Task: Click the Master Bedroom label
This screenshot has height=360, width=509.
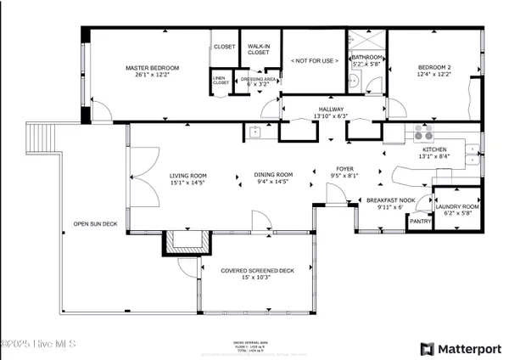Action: [x=154, y=68]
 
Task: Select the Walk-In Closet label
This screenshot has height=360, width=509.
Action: [x=259, y=49]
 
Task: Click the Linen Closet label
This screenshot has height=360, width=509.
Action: [x=221, y=81]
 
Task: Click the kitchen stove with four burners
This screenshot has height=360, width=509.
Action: [x=422, y=133]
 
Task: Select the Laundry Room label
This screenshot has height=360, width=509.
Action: [x=457, y=206]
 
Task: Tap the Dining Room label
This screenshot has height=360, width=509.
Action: [x=272, y=175]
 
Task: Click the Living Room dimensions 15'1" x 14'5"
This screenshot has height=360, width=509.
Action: [x=165, y=182]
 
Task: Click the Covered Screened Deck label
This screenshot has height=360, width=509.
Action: [x=257, y=271]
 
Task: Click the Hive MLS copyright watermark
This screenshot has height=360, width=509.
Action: [x=38, y=344]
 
